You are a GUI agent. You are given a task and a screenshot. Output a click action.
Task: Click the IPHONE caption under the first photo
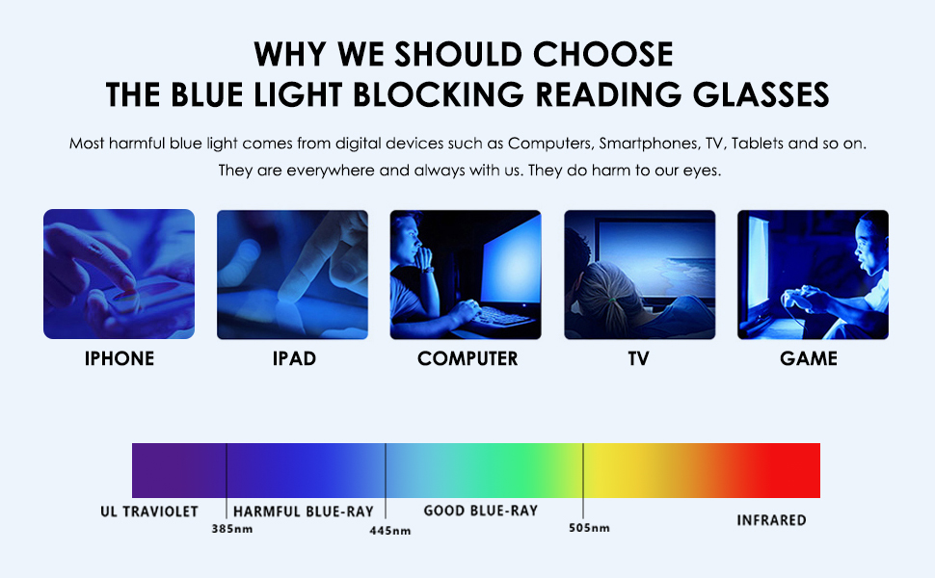[x=120, y=359]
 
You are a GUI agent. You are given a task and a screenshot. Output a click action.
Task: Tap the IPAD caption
[x=293, y=359]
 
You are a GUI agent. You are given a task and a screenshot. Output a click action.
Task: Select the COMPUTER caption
[x=467, y=359]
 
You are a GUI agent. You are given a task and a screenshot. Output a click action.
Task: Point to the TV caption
[x=638, y=359]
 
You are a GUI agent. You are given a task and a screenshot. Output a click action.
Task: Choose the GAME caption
[x=810, y=359]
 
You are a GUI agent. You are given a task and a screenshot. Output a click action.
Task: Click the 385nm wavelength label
[x=231, y=529]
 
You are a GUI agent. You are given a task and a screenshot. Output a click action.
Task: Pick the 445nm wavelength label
[x=390, y=531]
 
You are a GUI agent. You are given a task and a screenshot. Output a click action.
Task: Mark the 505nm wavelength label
[x=588, y=528]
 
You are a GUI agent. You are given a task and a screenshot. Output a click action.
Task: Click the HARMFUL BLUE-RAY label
[x=303, y=511]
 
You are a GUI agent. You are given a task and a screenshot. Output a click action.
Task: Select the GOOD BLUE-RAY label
[x=480, y=510]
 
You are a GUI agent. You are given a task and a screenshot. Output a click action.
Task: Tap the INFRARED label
[x=771, y=520]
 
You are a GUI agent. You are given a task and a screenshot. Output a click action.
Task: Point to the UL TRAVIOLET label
[x=149, y=511]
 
